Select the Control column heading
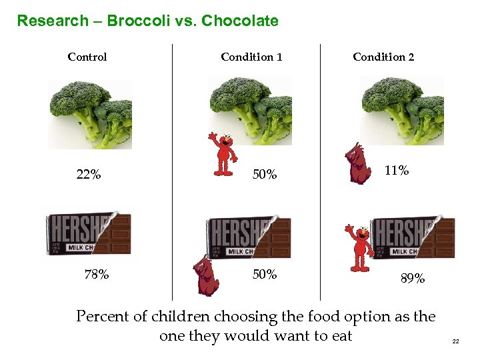coord(87,57)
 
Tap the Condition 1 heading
coord(251,57)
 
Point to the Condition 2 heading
coord(383,57)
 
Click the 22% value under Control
coord(89,175)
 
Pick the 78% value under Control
coord(97,274)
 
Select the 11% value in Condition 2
coord(397,171)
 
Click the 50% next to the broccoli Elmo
coord(265,175)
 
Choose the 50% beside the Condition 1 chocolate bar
coord(265,274)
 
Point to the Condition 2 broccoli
coord(402,111)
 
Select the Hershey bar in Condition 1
coord(248,237)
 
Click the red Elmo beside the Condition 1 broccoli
coord(223,153)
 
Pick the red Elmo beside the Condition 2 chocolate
coord(360,247)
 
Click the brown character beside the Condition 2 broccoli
coord(358,164)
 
